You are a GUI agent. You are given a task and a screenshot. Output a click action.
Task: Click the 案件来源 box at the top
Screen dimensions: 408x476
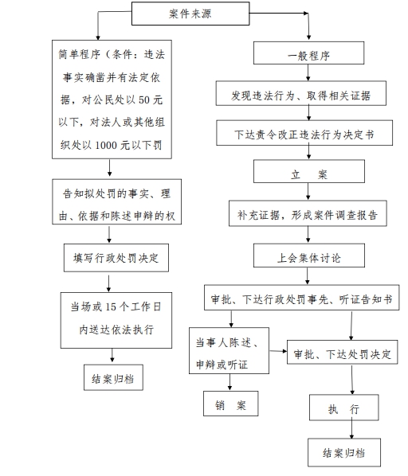pos(190,14)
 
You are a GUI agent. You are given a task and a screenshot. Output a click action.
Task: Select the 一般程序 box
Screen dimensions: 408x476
pos(308,53)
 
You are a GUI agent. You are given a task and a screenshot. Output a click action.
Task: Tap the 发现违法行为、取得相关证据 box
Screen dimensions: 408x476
pos(301,93)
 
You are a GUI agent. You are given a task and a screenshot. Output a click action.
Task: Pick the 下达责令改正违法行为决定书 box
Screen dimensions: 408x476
pos(304,133)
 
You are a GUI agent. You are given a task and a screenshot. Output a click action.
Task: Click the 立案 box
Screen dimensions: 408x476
pos(309,171)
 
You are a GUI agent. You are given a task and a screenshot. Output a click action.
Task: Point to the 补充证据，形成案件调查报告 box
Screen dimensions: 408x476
pos(308,213)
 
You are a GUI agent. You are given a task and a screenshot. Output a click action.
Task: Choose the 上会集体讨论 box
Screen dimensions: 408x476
pos(309,256)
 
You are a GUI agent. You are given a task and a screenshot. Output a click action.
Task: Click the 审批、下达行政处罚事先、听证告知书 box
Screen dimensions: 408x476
pos(302,298)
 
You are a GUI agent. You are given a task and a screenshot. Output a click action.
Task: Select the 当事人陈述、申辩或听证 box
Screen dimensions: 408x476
pos(229,350)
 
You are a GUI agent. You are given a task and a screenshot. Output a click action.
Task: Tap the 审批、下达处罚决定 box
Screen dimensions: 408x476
pos(343,352)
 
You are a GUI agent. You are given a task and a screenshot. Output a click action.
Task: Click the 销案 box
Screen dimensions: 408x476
pos(231,404)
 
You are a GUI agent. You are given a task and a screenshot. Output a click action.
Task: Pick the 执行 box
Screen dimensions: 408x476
pos(344,408)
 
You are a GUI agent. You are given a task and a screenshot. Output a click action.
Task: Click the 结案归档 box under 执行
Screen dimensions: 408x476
pos(344,452)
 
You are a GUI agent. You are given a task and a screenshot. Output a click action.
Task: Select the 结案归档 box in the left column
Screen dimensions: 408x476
pos(113,377)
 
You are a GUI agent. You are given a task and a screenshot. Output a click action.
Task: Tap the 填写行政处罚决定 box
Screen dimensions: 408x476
pos(116,258)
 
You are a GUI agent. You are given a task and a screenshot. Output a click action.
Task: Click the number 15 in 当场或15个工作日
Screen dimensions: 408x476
pos(111,307)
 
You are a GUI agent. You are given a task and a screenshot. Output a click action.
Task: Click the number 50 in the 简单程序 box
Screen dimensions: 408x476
pos(144,99)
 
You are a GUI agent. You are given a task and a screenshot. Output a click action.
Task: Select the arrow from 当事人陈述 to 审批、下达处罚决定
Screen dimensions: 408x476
pos(278,351)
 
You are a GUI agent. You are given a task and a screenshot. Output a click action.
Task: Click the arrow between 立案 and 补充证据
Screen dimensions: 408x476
pos(308,192)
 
